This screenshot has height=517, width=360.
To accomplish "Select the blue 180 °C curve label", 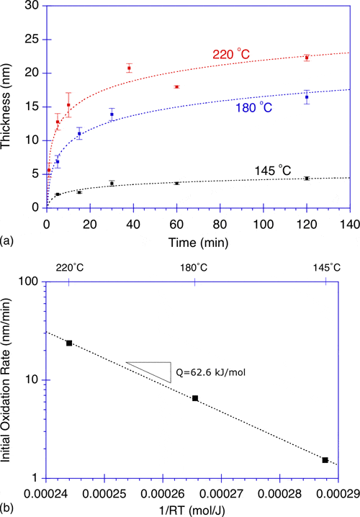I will [254, 107].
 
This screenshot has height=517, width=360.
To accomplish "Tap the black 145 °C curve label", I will [274, 169].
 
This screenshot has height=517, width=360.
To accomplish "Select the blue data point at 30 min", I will [112, 114].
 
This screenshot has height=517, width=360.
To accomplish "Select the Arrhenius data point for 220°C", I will [69, 343].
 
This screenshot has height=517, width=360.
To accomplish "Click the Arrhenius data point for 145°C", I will [325, 460].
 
